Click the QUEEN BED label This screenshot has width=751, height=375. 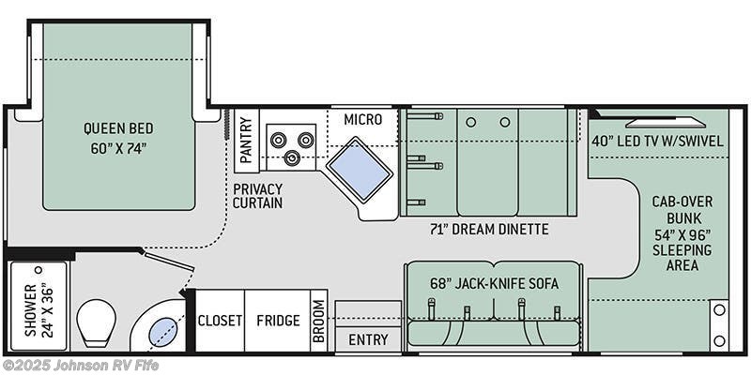click(x=117, y=128)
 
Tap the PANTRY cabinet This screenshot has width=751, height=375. click(x=246, y=141)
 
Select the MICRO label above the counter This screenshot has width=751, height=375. click(x=362, y=119)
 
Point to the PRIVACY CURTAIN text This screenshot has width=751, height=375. click(x=258, y=195)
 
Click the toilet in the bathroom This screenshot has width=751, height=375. click(x=95, y=322)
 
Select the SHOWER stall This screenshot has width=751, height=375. click(x=38, y=308)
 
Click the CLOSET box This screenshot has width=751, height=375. click(x=220, y=321)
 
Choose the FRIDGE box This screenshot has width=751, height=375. click(x=277, y=321)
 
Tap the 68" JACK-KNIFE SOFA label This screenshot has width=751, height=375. click(x=494, y=284)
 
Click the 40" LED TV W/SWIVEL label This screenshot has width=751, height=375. click(x=658, y=142)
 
